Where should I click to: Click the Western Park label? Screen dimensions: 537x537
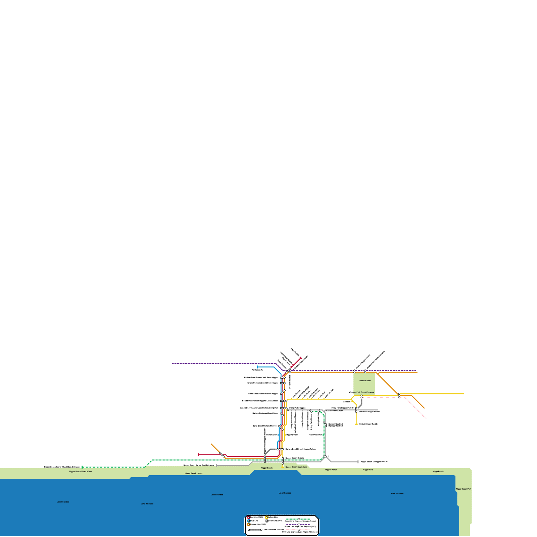(365, 381)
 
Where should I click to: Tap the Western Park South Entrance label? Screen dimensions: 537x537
(361, 392)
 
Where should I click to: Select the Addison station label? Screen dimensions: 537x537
(347, 401)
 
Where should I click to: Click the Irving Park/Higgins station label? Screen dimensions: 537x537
(297, 408)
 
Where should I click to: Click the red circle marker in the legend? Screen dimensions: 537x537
(249, 517)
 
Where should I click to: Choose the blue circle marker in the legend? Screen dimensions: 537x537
(249, 521)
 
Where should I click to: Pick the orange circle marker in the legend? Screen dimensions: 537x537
(249, 525)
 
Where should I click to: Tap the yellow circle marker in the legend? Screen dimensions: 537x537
(266, 517)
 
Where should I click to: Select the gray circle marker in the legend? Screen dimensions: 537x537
(266, 521)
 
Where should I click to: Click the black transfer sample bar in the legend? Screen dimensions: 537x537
(255, 530)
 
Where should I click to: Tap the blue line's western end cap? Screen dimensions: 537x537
(257, 367)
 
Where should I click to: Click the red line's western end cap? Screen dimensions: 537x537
(198, 455)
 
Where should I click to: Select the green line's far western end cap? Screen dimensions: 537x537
(82, 467)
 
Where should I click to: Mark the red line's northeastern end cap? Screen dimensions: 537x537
(301, 358)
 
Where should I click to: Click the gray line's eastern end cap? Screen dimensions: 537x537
(358, 462)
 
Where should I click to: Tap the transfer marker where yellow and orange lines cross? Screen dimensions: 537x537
(399, 395)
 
